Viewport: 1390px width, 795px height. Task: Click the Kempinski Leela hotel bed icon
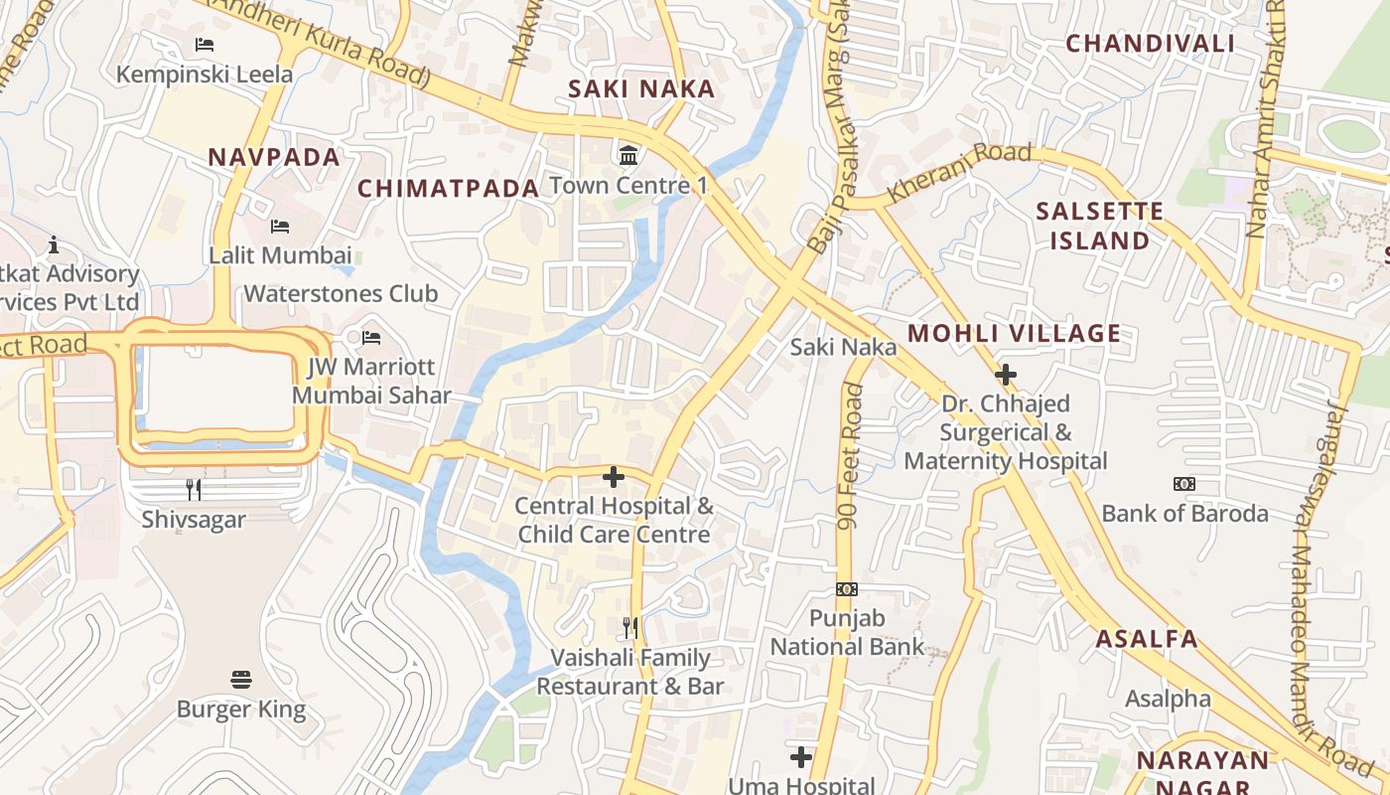205,45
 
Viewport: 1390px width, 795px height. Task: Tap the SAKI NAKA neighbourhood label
641,89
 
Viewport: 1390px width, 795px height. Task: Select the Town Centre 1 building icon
628,155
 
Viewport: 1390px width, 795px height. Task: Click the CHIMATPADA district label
448,189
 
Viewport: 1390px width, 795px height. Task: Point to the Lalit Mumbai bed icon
280,227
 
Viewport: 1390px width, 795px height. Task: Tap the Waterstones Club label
341,294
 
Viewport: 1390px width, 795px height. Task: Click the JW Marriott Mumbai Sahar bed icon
371,338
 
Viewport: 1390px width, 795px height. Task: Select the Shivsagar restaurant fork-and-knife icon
194,489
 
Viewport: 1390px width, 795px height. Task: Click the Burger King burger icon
241,680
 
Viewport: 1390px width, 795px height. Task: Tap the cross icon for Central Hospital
614,477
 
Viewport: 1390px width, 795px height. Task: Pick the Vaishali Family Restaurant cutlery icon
630,628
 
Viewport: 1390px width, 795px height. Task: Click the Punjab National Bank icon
847,589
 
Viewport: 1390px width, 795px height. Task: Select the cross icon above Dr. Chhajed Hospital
1006,375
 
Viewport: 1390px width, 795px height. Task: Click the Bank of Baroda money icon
1184,484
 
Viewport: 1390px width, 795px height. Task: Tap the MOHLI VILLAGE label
1014,334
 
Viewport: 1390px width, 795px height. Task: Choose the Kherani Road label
958,173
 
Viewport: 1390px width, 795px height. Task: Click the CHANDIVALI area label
1150,44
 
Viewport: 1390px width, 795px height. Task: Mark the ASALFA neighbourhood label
1147,639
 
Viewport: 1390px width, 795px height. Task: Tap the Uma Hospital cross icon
801,757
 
